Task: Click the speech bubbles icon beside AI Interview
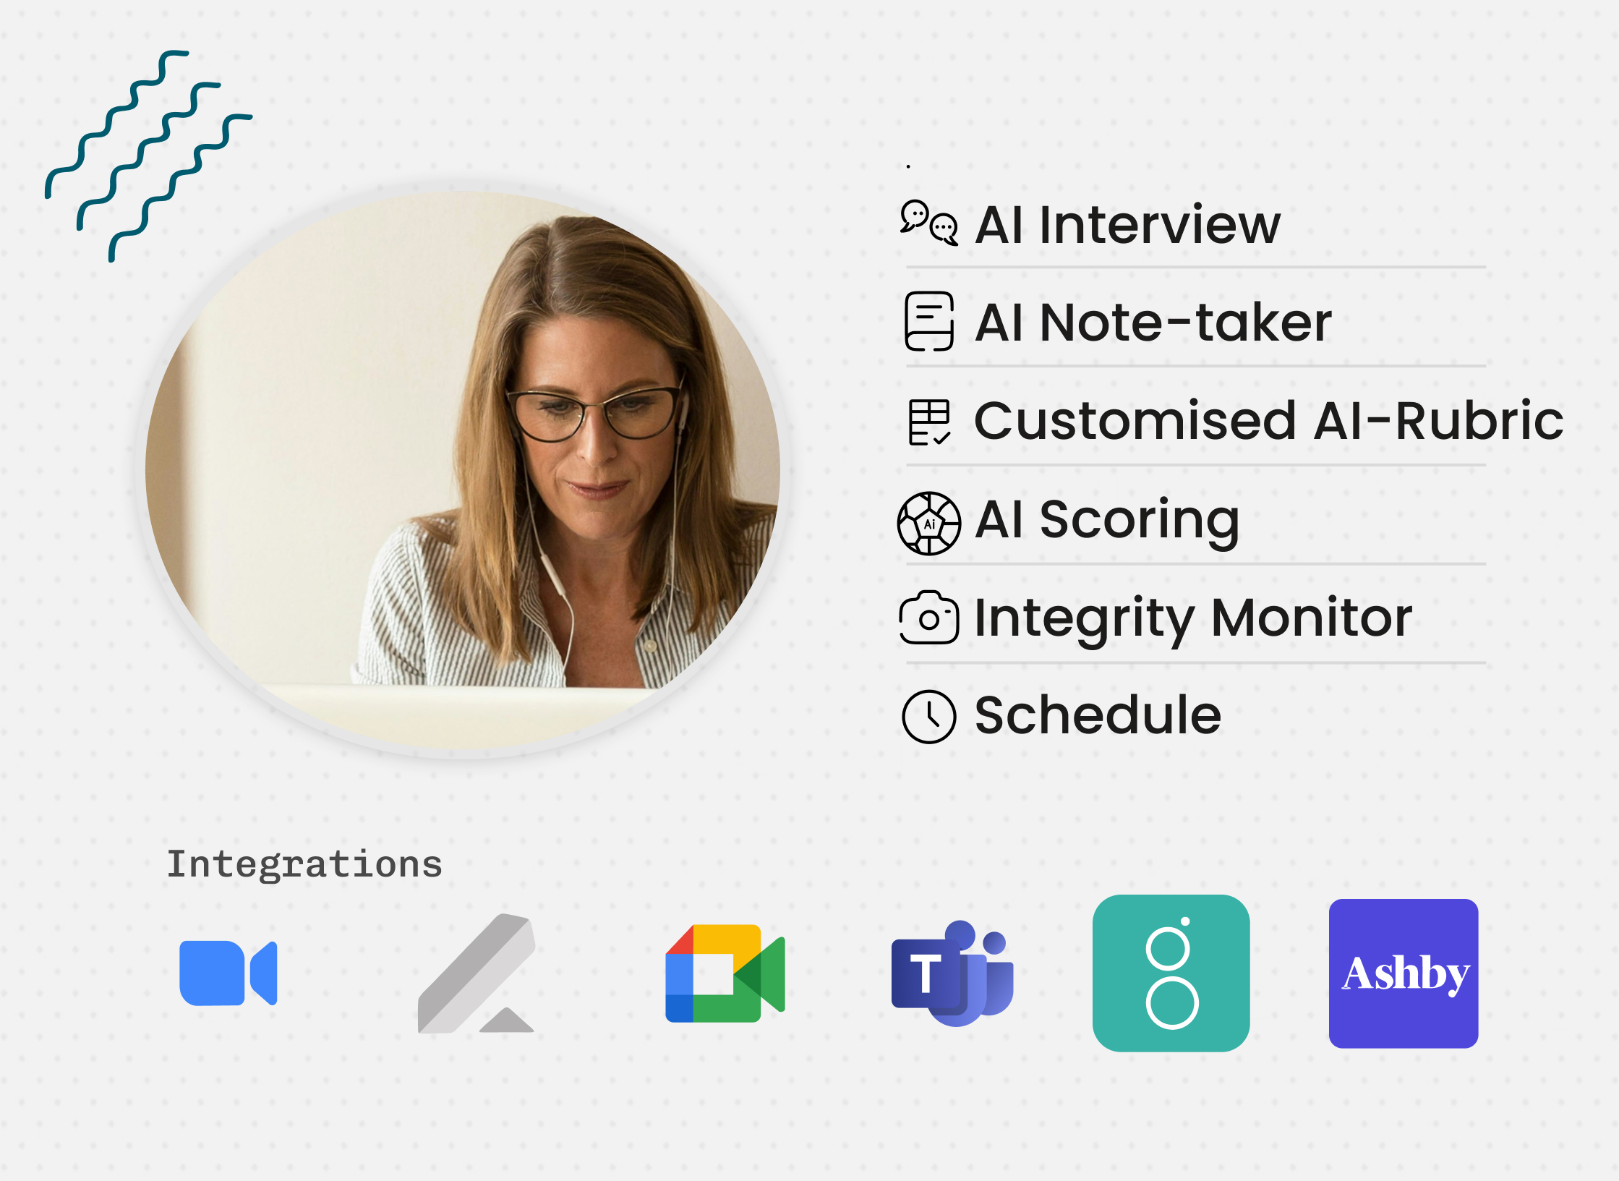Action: coord(929,223)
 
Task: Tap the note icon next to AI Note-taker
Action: coord(929,322)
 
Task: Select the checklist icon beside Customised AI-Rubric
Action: coord(929,422)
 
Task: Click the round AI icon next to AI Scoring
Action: coord(929,523)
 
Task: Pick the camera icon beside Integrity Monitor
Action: coord(929,618)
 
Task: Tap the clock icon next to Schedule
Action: coord(929,716)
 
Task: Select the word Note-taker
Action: coord(1185,322)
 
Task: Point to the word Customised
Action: coord(1135,420)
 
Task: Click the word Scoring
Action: coord(1140,521)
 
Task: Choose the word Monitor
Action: coord(1311,618)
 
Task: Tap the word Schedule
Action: coord(1098,715)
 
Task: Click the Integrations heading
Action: coord(304,864)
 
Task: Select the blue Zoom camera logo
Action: coord(228,973)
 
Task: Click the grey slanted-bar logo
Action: coord(477,973)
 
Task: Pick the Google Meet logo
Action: coord(725,973)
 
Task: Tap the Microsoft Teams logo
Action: coord(952,973)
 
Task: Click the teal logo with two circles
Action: coord(1171,973)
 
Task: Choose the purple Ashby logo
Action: coord(1404,973)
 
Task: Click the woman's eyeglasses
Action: coord(594,415)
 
